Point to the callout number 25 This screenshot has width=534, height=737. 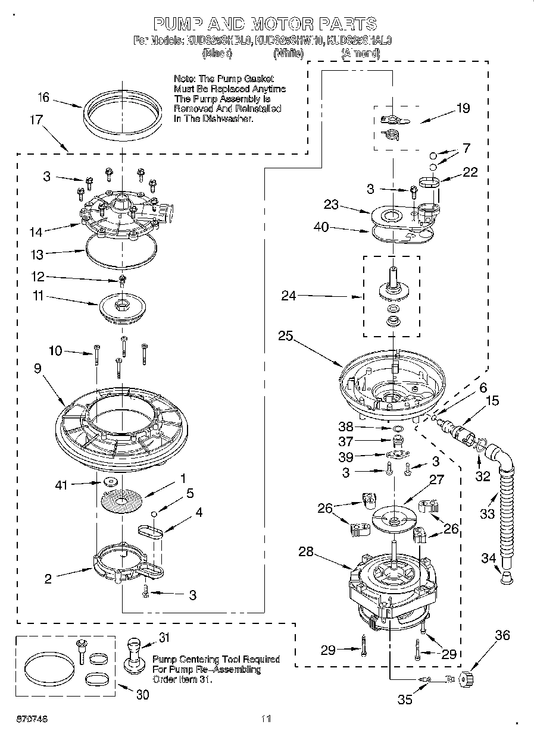pyautogui.click(x=286, y=335)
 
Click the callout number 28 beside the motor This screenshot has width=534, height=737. pyautogui.click(x=305, y=552)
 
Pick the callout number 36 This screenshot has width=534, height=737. pyautogui.click(x=502, y=635)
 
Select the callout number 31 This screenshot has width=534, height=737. pyautogui.click(x=164, y=638)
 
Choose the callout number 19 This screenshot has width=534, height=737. pyautogui.click(x=463, y=108)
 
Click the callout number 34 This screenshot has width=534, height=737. pyautogui.click(x=488, y=557)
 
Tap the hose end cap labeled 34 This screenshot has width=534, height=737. pyautogui.click(x=505, y=578)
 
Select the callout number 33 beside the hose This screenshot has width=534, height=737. pyautogui.click(x=487, y=513)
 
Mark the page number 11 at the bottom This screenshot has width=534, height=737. pyautogui.click(x=266, y=719)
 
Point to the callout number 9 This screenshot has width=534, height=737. pyautogui.click(x=38, y=368)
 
